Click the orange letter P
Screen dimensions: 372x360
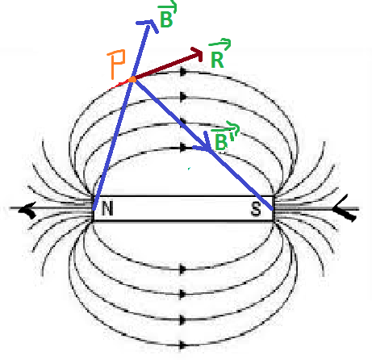coord(117,64)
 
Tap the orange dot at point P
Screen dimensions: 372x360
coord(132,79)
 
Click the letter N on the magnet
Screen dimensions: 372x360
coord(107,208)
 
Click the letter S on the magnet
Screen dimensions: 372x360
coord(256,209)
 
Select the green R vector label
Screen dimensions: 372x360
coord(217,60)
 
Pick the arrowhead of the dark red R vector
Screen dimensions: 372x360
coord(197,54)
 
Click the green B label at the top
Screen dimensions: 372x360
coord(166,19)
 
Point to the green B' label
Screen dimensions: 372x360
coord(223,142)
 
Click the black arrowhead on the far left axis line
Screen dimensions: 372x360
coord(27,209)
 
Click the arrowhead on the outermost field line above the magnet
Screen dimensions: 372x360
coord(183,72)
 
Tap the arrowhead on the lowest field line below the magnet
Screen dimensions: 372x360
coord(183,345)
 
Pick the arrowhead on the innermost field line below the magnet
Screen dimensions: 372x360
coord(183,269)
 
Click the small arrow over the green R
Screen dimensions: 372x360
coord(220,44)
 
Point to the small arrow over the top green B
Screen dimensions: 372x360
coord(168,7)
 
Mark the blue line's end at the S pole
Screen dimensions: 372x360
coord(272,208)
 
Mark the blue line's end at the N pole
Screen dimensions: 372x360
coord(94,208)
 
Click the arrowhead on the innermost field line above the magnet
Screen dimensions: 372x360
coord(183,148)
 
